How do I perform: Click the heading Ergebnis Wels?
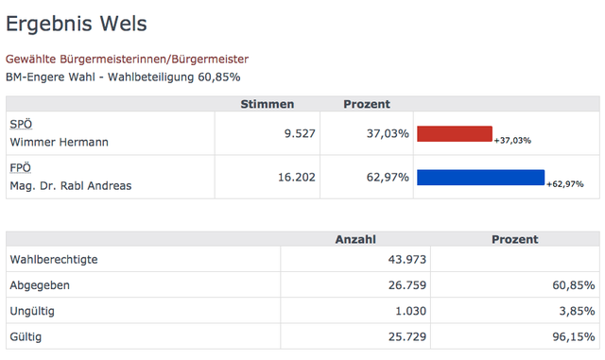77,25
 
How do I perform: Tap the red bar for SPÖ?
455,133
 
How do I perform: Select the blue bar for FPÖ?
481,177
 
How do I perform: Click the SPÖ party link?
21,124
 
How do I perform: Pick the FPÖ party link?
21,168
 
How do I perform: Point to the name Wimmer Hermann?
59,142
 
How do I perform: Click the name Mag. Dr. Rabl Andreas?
71,185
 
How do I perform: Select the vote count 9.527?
300,133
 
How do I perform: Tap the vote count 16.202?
297,177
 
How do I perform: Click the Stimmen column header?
268,104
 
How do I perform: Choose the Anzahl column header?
355,239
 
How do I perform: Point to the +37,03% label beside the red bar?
512,141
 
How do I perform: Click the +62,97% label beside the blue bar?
565,184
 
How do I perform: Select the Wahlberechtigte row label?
54,259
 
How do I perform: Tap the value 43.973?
407,259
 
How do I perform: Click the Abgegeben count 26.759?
407,285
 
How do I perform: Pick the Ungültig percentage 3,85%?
578,311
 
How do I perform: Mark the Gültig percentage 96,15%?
574,336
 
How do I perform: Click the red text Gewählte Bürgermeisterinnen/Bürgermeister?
127,59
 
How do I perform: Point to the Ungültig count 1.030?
410,311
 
